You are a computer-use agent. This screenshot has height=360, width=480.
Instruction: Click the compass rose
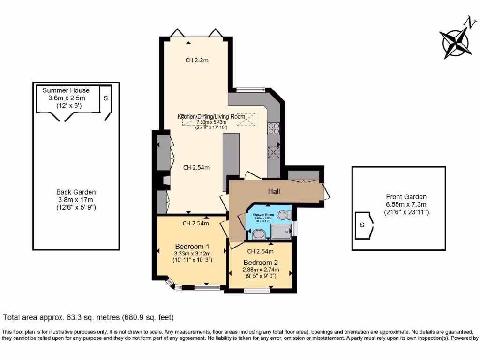pos(455,41)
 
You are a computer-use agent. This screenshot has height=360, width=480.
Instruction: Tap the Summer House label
pos(66,90)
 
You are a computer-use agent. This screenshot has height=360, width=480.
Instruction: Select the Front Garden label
pos(406,197)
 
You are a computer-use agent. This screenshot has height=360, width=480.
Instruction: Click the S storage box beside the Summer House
pos(105,98)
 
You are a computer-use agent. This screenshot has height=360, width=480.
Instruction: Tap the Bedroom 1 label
pos(192,247)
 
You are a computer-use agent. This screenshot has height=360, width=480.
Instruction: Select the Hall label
pos(274,191)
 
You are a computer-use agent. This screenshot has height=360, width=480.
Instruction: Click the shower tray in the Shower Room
pos(281,232)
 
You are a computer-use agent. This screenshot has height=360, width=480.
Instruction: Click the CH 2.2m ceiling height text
pos(197,60)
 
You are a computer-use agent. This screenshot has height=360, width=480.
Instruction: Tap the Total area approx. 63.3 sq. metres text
pos(89,317)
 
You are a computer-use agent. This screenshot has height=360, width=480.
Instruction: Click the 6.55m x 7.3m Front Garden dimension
pos(406,205)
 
